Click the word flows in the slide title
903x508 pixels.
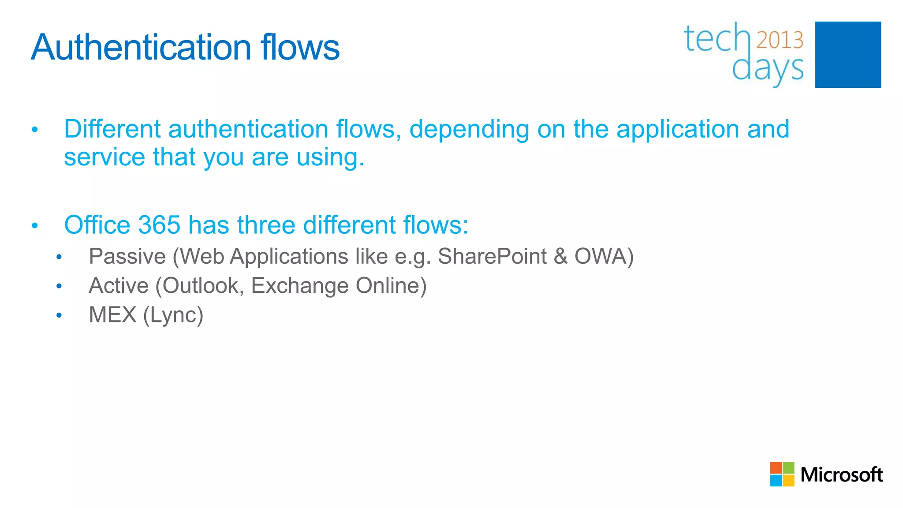[300, 47]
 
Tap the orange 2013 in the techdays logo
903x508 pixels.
[780, 40]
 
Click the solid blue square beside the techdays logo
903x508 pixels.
[847, 55]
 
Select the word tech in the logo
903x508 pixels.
[716, 39]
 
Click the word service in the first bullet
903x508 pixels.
[104, 157]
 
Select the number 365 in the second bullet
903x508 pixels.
[159, 225]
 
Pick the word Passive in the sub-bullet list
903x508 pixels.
[127, 257]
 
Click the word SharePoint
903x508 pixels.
[492, 257]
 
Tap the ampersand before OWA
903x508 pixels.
[560, 257]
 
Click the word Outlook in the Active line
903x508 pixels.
[202, 286]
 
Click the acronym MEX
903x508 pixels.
[112, 315]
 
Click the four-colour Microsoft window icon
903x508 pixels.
[782, 474]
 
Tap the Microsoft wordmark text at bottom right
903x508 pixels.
[841, 475]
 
